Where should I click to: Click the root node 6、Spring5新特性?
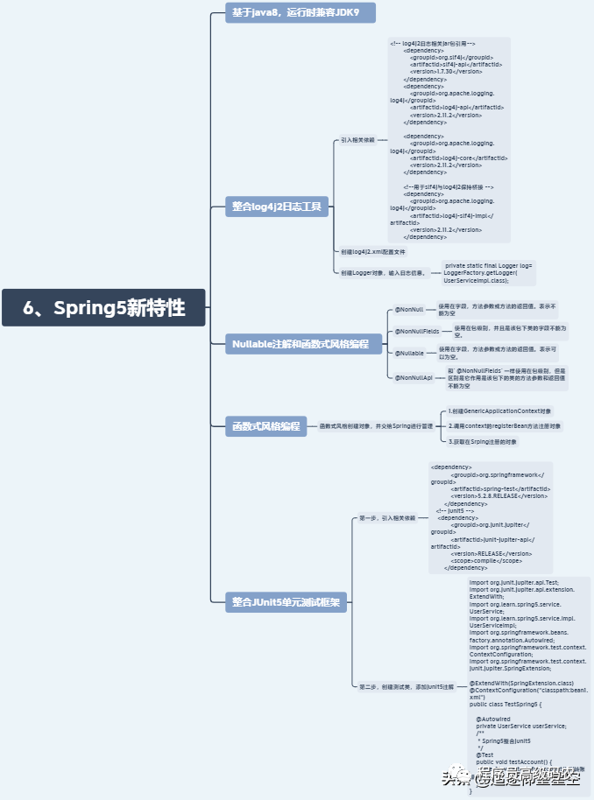pos(103,307)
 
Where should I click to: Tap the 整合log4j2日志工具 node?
pos(277,207)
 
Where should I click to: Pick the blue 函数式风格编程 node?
pos(265,426)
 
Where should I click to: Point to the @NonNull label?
pos(408,310)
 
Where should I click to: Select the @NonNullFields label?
pos(416,332)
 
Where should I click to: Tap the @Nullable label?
pos(409,353)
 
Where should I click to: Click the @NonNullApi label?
pos(414,377)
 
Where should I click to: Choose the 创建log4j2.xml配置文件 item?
pos(373,252)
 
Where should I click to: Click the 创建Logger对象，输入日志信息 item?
pos(383,273)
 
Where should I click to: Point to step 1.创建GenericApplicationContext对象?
pos(500,411)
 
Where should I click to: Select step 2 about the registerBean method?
pos(504,426)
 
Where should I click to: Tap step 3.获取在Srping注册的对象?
pos(483,442)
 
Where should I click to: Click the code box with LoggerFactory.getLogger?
pos(488,272)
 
